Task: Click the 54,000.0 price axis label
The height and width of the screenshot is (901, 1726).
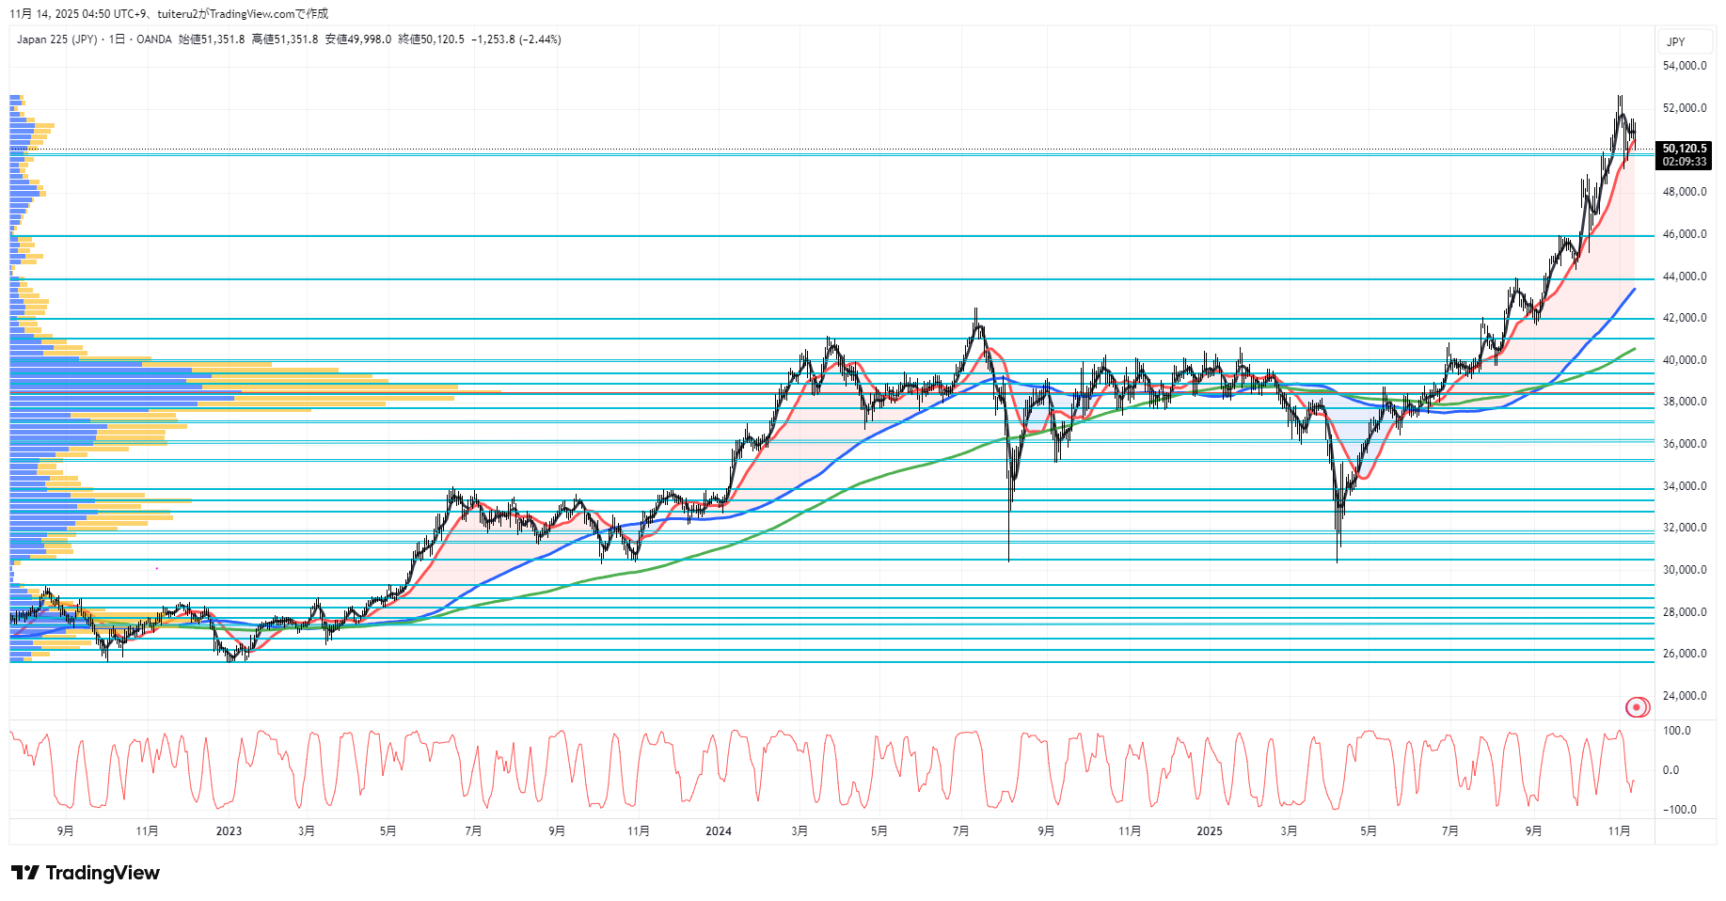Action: point(1684,66)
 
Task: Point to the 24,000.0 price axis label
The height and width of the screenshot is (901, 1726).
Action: point(1684,696)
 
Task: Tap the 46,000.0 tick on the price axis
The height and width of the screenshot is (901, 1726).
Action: point(1684,234)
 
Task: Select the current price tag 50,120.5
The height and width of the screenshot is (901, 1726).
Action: point(1684,149)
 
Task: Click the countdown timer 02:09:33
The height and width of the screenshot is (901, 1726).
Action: point(1684,162)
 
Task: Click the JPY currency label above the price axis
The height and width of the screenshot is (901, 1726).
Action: point(1675,42)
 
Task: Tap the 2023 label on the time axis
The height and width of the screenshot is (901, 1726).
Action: point(229,831)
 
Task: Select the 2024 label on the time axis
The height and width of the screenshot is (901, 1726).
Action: point(718,831)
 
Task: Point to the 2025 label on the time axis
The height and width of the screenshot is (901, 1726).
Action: point(1209,831)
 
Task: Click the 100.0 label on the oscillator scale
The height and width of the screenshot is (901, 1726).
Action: point(1677,731)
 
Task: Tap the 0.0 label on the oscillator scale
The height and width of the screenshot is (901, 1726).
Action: point(1671,770)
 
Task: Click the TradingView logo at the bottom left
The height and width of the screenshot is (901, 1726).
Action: point(86,873)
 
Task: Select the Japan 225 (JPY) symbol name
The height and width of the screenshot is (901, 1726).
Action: point(56,40)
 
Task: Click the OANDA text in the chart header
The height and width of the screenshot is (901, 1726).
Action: point(154,40)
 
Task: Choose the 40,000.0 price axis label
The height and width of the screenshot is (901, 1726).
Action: point(1684,360)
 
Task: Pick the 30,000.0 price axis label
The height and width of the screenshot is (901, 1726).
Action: point(1684,570)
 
